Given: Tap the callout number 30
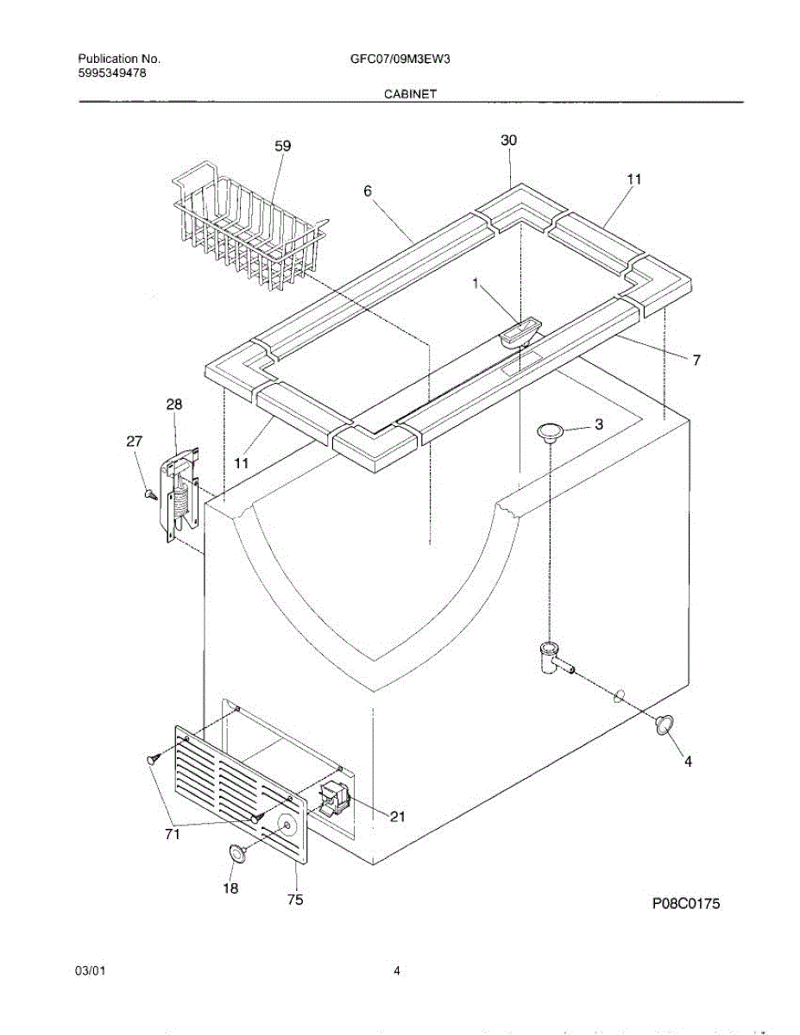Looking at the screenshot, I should tap(509, 141).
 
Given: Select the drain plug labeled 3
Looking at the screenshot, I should tap(549, 430).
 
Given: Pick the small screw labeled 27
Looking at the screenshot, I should tap(151, 495).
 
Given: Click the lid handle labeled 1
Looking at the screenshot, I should tap(520, 331).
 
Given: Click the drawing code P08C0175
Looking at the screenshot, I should tap(684, 904).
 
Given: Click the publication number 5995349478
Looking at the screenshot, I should tap(112, 73).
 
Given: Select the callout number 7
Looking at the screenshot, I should tap(696, 361).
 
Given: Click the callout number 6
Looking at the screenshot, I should tap(368, 191).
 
